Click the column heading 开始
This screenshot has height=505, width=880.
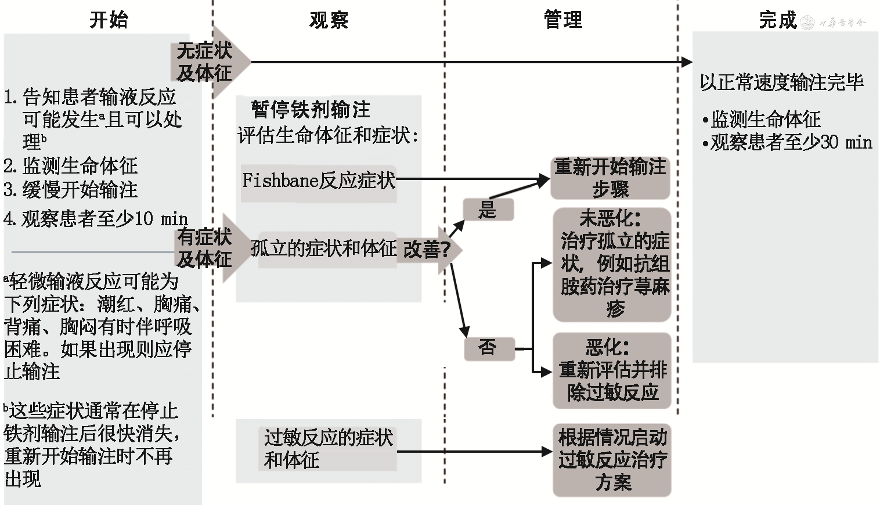coord(109,20)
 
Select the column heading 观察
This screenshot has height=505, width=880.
coord(329,20)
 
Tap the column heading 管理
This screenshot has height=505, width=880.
coord(562,20)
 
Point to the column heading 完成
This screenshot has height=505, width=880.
coord(777,20)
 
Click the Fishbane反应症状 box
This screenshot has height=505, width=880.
coord(319,181)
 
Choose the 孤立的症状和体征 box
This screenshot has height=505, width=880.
coord(324,249)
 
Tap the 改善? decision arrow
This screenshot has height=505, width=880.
coord(428,250)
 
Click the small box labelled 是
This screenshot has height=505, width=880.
coord(488,210)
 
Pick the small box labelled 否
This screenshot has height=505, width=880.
coord(489,348)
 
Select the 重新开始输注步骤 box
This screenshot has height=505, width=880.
coord(609,178)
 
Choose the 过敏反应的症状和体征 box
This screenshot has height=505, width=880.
coord(328,449)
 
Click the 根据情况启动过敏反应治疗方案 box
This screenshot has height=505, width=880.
coord(612,460)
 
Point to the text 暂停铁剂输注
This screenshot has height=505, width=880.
coord(310,109)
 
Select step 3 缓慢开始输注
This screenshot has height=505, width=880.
coord(71,190)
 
